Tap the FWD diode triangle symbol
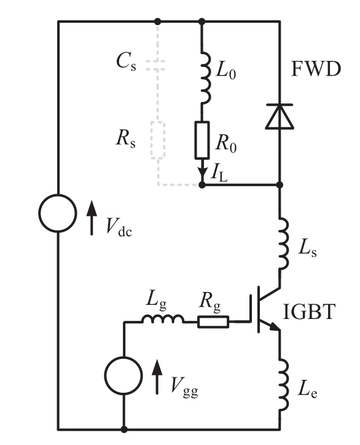(280, 117)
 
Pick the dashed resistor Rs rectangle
(158, 140)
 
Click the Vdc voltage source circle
(58, 214)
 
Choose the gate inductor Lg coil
(162, 319)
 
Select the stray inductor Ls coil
(282, 244)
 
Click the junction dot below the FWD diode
(280, 184)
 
